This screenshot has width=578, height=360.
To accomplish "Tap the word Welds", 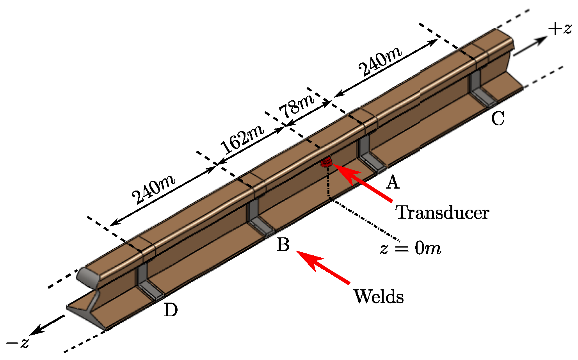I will (x=378, y=297).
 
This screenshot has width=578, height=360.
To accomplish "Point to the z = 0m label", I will (x=410, y=248).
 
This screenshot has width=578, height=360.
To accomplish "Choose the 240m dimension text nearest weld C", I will (x=380, y=62).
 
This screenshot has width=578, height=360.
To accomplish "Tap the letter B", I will (x=283, y=245).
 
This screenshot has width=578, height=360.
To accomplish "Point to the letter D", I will (x=171, y=310).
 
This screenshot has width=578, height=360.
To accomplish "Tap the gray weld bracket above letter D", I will (x=147, y=281).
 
